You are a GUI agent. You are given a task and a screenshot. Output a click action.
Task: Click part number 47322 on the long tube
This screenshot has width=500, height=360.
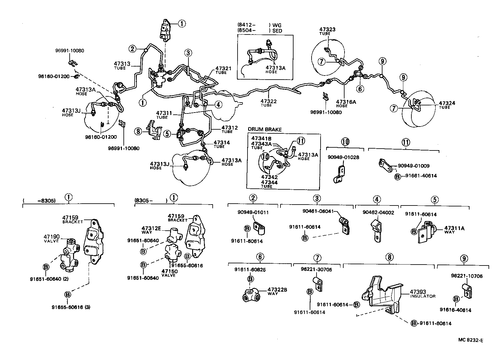point(268,101)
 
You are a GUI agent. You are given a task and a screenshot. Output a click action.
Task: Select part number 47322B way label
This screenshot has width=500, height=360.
point(277,290)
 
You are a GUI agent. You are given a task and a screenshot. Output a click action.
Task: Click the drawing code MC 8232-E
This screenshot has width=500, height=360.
point(470,340)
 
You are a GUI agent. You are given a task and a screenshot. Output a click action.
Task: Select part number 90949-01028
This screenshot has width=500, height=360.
point(343,157)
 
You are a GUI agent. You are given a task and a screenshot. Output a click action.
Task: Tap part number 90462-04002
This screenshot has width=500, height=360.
point(378,213)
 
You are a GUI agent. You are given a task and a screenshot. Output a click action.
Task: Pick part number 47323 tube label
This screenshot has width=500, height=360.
point(327,30)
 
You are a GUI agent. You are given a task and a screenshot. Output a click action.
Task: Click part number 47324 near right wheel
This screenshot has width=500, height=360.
point(447,103)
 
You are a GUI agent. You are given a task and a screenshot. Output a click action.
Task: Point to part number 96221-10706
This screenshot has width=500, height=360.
point(467,276)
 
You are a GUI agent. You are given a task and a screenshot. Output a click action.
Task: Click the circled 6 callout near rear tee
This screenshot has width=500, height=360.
point(360,89)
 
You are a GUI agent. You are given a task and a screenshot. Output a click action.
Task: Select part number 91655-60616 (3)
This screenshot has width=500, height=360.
point(71,307)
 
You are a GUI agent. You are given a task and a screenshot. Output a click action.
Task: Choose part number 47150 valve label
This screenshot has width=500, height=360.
point(169,271)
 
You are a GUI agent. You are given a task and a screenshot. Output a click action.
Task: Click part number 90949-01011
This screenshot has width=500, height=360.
point(253,213)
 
